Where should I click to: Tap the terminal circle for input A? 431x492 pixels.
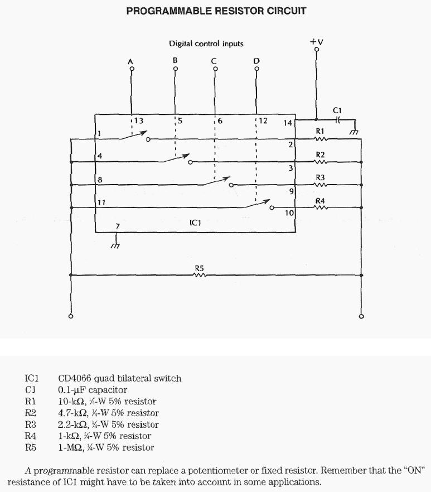[132, 69]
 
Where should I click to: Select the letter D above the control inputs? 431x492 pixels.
[256, 60]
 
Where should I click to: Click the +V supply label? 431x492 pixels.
[317, 42]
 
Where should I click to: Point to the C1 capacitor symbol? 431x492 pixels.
[337, 119]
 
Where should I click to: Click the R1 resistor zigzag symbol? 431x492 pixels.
[320, 139]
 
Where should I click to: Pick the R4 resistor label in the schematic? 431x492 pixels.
[320, 200]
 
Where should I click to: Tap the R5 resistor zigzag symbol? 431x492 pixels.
[200, 274]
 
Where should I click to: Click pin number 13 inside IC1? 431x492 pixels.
[138, 120]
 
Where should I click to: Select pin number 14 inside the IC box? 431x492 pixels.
[288, 123]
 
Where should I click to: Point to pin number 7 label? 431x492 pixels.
[117, 226]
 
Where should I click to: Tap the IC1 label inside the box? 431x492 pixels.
[195, 223]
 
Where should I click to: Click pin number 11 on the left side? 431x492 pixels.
[101, 202]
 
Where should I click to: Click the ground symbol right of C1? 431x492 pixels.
[353, 132]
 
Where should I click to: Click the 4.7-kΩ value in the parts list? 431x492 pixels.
[72, 413]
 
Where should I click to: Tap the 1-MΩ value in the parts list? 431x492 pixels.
[70, 447]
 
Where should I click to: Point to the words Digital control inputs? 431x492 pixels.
[206, 44]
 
